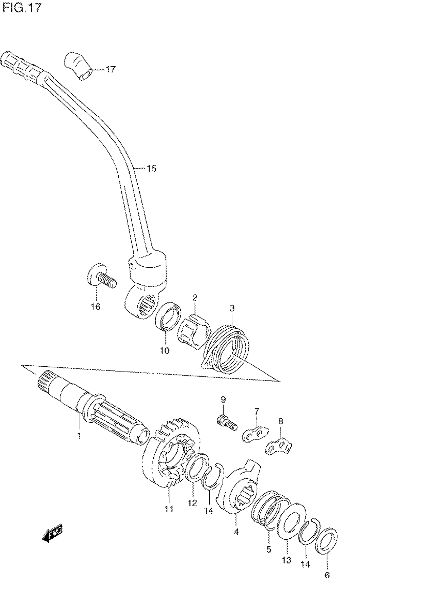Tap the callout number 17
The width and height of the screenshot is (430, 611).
click(x=111, y=70)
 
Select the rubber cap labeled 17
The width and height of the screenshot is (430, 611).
click(x=79, y=66)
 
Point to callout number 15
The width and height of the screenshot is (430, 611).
click(x=152, y=168)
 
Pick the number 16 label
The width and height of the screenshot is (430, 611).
click(x=96, y=307)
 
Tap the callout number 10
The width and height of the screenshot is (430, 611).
click(x=165, y=350)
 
